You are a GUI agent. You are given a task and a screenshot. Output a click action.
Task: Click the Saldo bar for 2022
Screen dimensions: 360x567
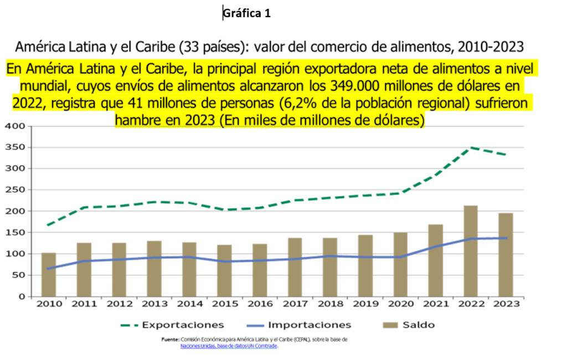click(471, 251)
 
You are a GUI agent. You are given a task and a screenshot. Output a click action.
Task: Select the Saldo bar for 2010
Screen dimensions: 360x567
click(49, 274)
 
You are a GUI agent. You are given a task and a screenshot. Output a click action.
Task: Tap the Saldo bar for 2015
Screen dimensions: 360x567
click(224, 270)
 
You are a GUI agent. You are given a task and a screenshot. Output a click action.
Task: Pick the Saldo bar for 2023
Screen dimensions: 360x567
click(506, 255)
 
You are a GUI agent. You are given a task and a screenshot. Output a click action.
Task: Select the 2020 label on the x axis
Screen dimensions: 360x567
click(400, 304)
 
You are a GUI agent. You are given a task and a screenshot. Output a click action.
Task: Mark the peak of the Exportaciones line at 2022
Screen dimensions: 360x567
click(471, 147)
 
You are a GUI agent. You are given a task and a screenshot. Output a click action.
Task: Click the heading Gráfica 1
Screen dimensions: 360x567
click(247, 14)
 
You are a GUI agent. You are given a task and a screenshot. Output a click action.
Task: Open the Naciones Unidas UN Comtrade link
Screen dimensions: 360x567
click(229, 346)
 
